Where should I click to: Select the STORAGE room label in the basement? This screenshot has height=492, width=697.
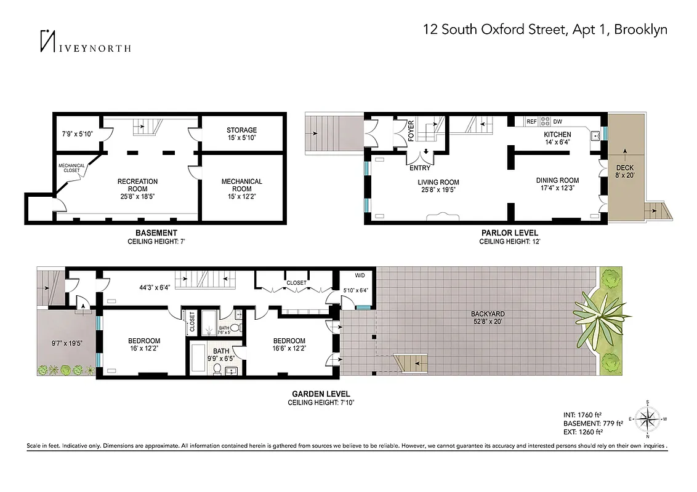[x=241, y=130]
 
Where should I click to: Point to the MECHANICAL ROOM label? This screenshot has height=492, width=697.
[x=241, y=185]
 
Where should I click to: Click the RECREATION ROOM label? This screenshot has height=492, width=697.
[x=138, y=185]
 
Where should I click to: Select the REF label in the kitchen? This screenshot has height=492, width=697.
[x=531, y=122]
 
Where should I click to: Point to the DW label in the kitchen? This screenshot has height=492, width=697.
[x=558, y=122]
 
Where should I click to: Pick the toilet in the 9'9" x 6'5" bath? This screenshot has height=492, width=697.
[x=216, y=370]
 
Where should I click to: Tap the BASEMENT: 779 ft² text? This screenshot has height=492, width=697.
[x=593, y=423]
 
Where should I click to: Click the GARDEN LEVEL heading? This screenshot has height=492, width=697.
[x=321, y=394]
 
